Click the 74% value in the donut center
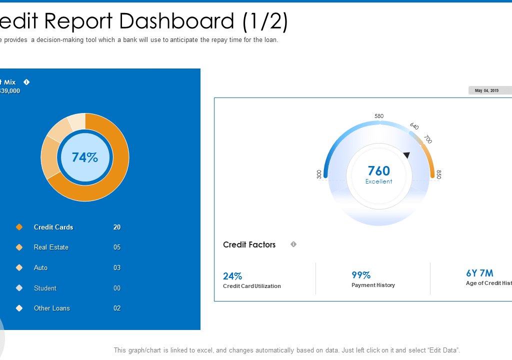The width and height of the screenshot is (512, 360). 85,157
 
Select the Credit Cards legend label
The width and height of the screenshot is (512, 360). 53,227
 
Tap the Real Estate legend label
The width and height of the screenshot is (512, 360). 51,247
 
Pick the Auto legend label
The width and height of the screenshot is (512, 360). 40,268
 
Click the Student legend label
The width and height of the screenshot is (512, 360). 45,288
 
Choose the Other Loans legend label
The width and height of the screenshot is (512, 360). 51,308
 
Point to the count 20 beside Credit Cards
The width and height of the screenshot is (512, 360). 117,227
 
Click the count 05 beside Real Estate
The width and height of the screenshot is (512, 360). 117,247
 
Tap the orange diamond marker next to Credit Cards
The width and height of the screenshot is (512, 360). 19,227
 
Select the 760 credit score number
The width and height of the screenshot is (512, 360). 378,171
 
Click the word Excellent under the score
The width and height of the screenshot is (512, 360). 378,181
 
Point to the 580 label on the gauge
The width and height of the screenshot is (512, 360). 379,116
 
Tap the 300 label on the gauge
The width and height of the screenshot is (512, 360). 319,174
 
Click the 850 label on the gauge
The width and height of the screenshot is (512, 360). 438,174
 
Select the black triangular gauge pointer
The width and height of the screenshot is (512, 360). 406,155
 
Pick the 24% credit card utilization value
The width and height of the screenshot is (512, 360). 232,276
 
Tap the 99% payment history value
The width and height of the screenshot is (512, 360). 361,275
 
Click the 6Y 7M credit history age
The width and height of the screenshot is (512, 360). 479,273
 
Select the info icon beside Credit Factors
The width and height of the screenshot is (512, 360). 293,244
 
